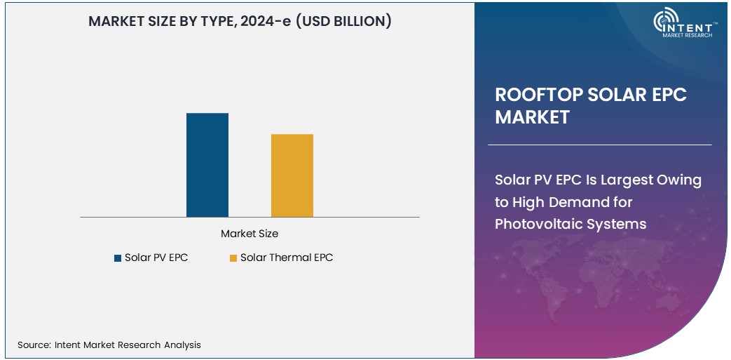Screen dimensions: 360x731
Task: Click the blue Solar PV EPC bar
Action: [x=207, y=165]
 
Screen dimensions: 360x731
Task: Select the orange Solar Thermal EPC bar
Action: [x=292, y=175]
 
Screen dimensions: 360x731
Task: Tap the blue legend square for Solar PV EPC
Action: [x=118, y=258]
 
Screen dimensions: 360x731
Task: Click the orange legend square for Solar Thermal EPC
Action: [x=233, y=258]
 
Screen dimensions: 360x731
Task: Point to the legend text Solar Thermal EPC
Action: [x=286, y=258]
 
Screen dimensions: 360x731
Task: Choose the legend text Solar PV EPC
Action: [x=156, y=258]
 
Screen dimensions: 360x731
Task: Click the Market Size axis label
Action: [x=250, y=234]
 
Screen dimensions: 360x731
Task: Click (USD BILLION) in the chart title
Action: [x=343, y=22]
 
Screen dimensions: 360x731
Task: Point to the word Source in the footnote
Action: [x=33, y=345]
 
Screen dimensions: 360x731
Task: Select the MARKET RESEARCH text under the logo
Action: [x=687, y=34]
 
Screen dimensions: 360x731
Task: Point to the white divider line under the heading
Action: [x=599, y=145]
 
